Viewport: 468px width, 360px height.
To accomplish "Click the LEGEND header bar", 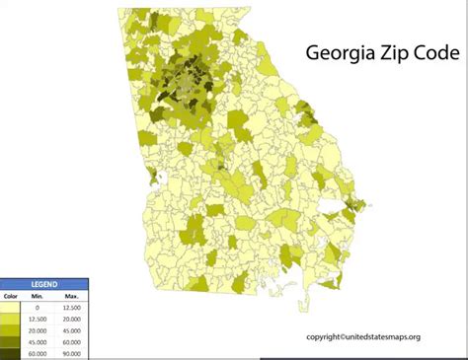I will point(43,283).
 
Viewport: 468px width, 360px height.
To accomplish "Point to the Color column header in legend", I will point(11,295).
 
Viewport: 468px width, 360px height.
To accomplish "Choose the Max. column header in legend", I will point(71,295).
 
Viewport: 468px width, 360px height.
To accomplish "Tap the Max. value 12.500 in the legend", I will point(71,308).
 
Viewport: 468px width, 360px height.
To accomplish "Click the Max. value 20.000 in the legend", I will point(71,320).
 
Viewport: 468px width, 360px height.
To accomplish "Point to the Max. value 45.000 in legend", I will point(71,330).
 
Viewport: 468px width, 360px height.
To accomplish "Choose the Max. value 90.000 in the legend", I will point(71,353).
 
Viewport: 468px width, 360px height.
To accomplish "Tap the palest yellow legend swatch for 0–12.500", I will point(11,308).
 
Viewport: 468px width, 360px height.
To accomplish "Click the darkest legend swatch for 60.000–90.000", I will point(11,353).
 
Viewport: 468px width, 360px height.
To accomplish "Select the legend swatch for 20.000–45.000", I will point(11,330).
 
